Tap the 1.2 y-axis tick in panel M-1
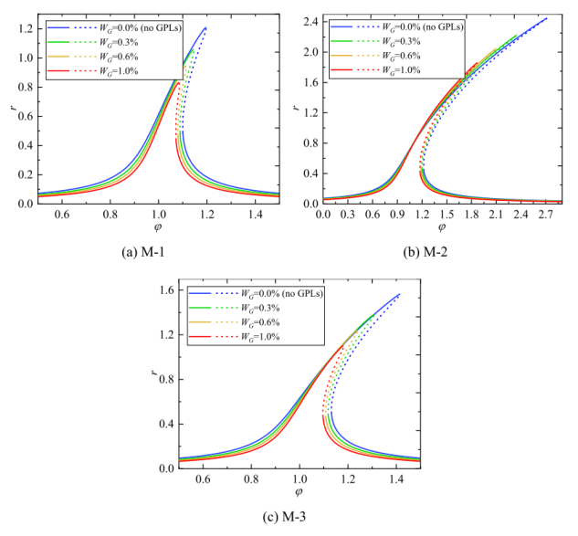pyautogui.click(x=26, y=28)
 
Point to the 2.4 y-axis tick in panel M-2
pyautogui.click(x=308, y=19)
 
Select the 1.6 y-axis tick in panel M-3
pyautogui.click(x=164, y=291)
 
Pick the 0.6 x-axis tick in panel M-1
pyautogui.click(x=61, y=215)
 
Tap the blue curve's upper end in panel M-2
pyautogui.click(x=547, y=18)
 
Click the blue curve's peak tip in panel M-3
pyautogui.click(x=400, y=294)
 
